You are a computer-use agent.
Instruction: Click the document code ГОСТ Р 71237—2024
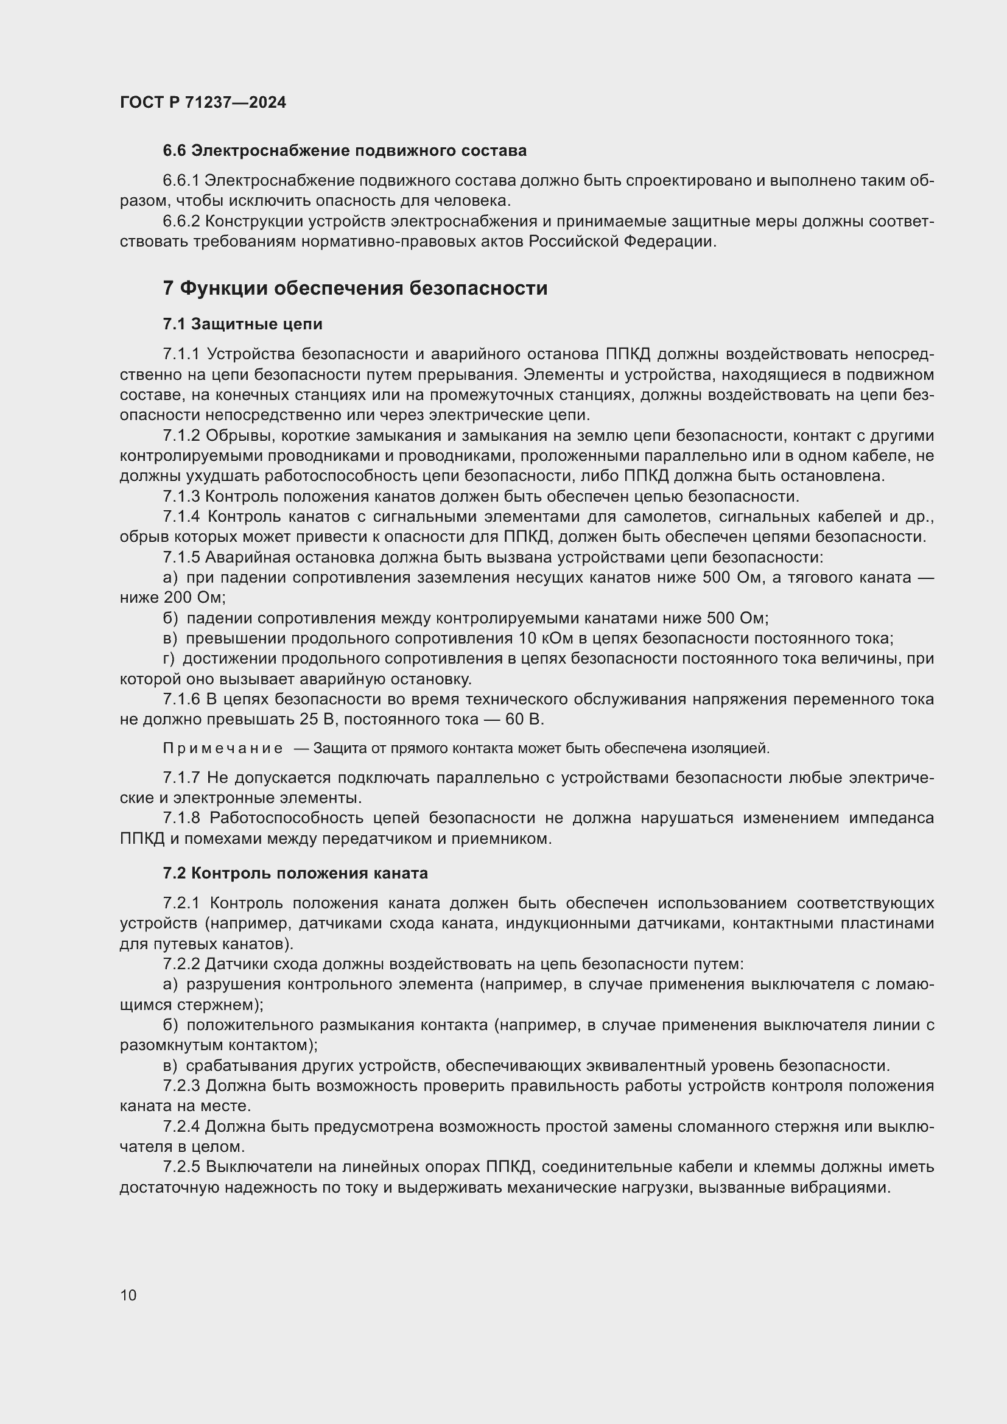[x=203, y=102]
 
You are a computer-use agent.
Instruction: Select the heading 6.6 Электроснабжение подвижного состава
[x=344, y=151]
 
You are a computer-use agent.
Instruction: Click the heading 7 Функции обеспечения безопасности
[x=356, y=289]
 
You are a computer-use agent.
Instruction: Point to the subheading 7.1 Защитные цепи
[x=242, y=324]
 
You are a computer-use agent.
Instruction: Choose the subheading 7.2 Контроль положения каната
[x=295, y=873]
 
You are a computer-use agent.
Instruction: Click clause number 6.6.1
[x=181, y=181]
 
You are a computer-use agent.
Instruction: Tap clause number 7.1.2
[x=181, y=436]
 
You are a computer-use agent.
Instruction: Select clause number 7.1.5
[x=181, y=558]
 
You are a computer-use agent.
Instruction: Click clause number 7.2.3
[x=181, y=1086]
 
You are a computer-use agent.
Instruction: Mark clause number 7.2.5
[x=181, y=1167]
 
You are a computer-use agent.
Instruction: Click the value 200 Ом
[x=192, y=598]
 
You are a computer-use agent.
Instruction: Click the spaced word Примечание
[x=223, y=749]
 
